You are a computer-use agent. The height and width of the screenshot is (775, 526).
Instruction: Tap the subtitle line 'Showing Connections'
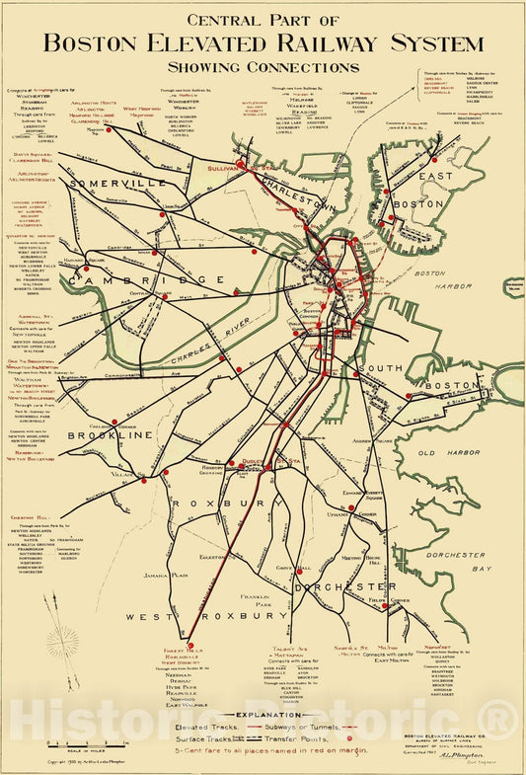pyautogui.click(x=263, y=68)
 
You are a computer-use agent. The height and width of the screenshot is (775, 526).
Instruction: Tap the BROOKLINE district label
pyautogui.click(x=111, y=434)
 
